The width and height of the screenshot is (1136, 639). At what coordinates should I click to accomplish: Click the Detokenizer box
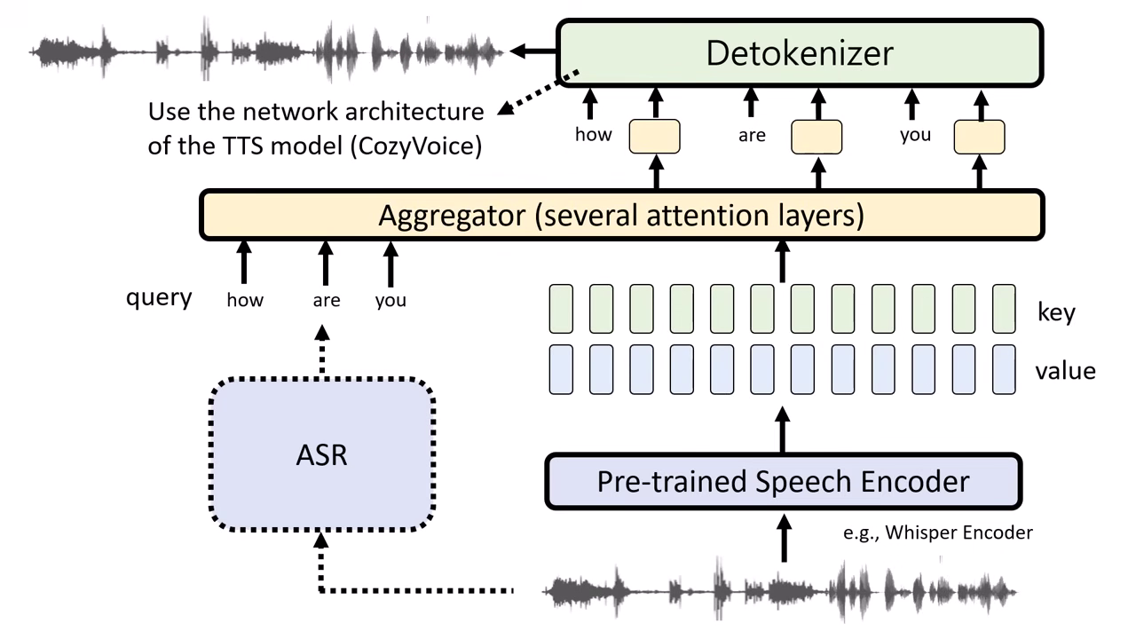pyautogui.click(x=799, y=53)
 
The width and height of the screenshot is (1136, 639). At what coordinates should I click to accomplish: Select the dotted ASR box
pyautogui.click(x=322, y=455)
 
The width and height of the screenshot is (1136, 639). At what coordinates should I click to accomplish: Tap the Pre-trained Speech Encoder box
pyautogui.click(x=783, y=482)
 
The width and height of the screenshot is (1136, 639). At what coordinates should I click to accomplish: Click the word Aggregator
pyautogui.click(x=452, y=216)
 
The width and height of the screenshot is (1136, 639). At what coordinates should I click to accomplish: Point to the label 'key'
pyautogui.click(x=1056, y=312)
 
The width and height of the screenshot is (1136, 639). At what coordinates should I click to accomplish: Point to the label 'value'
pyautogui.click(x=1065, y=370)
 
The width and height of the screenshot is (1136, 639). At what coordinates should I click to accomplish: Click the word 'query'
pyautogui.click(x=159, y=298)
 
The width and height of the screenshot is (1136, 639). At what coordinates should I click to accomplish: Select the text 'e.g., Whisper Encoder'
pyautogui.click(x=937, y=532)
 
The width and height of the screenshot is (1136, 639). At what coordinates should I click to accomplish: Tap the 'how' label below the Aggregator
pyautogui.click(x=245, y=300)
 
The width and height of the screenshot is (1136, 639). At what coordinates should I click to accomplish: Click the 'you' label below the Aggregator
pyautogui.click(x=390, y=300)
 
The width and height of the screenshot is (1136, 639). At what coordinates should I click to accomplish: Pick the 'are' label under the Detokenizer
pyautogui.click(x=752, y=136)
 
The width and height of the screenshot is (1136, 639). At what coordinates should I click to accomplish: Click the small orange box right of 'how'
pyautogui.click(x=655, y=137)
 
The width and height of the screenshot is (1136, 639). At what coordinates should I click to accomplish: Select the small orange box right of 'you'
pyautogui.click(x=979, y=137)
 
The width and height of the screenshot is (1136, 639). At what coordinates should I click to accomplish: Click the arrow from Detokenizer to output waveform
pyautogui.click(x=532, y=51)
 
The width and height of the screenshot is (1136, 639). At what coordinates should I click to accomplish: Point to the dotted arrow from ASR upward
pyautogui.click(x=322, y=351)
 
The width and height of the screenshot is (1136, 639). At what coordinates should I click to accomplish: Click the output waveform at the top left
pyautogui.click(x=266, y=51)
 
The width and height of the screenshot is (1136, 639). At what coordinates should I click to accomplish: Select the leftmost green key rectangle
pyautogui.click(x=561, y=309)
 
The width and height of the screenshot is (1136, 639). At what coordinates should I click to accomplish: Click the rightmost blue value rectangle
pyautogui.click(x=1004, y=369)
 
